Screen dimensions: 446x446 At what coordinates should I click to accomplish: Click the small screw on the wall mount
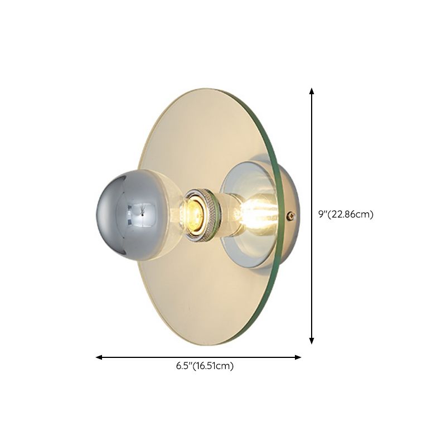point(290,215)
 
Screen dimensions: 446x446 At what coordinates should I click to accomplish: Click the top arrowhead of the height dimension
point(312,91)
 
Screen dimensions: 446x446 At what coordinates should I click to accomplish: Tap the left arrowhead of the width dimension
point(99,357)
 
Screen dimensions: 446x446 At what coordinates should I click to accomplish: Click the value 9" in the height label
point(322,214)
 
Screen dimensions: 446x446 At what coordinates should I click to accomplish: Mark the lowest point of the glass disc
point(192,344)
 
